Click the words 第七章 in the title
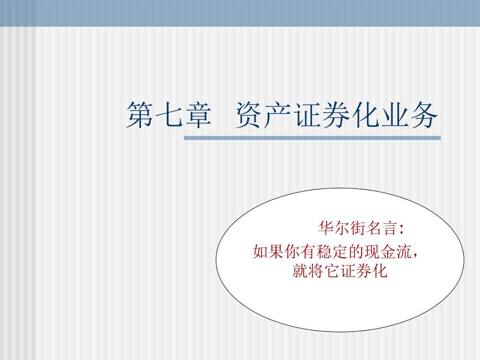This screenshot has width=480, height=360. pyautogui.click(x=169, y=115)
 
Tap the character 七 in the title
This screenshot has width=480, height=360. pyautogui.click(x=169, y=115)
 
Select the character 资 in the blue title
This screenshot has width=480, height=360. pyautogui.click(x=249, y=115)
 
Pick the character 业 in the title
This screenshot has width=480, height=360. pyautogui.click(x=395, y=115)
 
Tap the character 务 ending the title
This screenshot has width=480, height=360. pyautogui.click(x=424, y=115)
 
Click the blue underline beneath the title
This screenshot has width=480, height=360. pyautogui.click(x=312, y=138)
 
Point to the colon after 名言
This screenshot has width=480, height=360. pyautogui.click(x=401, y=229)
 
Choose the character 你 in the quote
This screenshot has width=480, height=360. pyautogui.click(x=292, y=251)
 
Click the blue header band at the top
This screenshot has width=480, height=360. pyautogui.click(x=240, y=13)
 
